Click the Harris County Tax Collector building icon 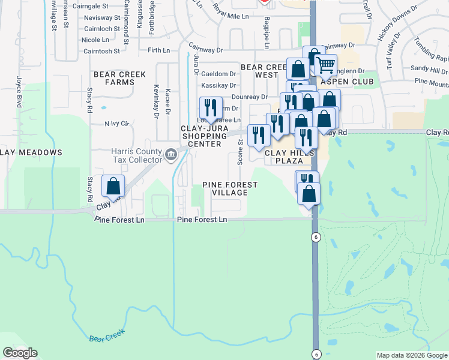tap(171, 155)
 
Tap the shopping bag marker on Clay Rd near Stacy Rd tap(113, 187)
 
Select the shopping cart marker tap(325, 65)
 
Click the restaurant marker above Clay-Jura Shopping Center tap(211, 109)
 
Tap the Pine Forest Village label tap(225, 188)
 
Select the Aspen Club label tap(348, 82)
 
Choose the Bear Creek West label tap(259, 71)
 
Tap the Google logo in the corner tap(20, 353)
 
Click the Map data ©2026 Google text tap(412, 355)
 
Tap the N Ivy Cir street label tap(116, 124)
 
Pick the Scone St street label tap(240, 152)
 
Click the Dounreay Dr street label tap(249, 97)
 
